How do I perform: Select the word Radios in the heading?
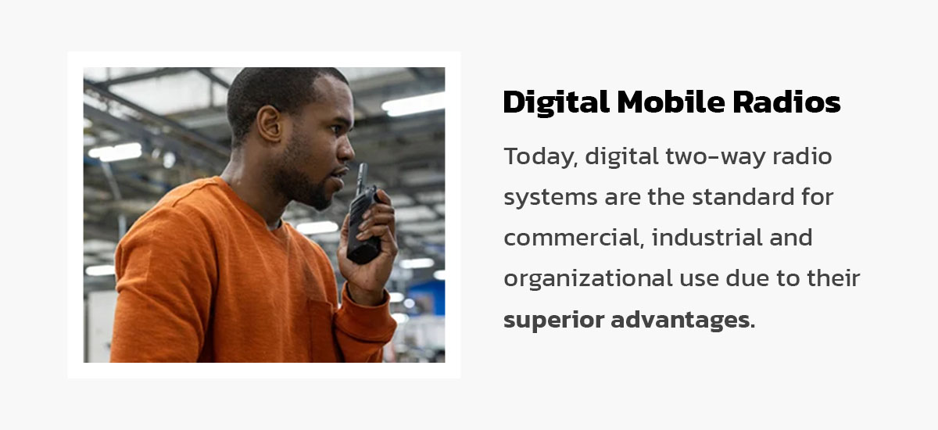(790, 102)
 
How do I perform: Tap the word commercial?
(571, 238)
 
